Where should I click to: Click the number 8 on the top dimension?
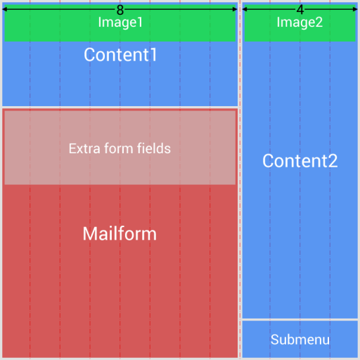[120, 10]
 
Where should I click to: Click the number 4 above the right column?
[300, 10]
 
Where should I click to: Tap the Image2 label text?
[300, 22]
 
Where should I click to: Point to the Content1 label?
[120, 55]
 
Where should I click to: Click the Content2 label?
[300, 161]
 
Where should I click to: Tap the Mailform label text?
[120, 234]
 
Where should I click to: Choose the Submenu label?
[300, 340]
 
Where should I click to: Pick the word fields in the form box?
[153, 149]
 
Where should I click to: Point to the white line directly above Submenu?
[300, 320]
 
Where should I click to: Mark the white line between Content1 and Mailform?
[120, 108]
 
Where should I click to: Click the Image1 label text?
[120, 22]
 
